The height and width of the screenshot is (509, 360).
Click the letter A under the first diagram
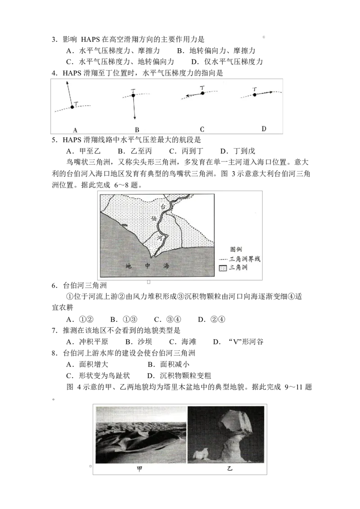pyautogui.click(x=75, y=130)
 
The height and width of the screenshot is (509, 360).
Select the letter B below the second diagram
pyautogui.click(x=137, y=129)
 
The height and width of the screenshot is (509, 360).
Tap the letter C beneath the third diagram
pyautogui.click(x=202, y=129)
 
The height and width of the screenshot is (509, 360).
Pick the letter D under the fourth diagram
pyautogui.click(x=264, y=129)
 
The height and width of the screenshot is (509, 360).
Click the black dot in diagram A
pyautogui.click(x=72, y=107)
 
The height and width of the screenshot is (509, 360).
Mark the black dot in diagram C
pyautogui.click(x=202, y=93)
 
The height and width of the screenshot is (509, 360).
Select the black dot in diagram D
pyautogui.click(x=254, y=95)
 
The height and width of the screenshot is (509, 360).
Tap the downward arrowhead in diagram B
pyautogui.click(x=135, y=118)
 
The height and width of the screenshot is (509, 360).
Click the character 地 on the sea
pyautogui.click(x=128, y=266)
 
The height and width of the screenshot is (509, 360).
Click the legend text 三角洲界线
pyautogui.click(x=245, y=259)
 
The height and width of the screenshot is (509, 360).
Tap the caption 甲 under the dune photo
pyautogui.click(x=140, y=469)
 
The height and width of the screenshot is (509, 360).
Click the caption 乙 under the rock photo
pyautogui.click(x=229, y=469)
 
